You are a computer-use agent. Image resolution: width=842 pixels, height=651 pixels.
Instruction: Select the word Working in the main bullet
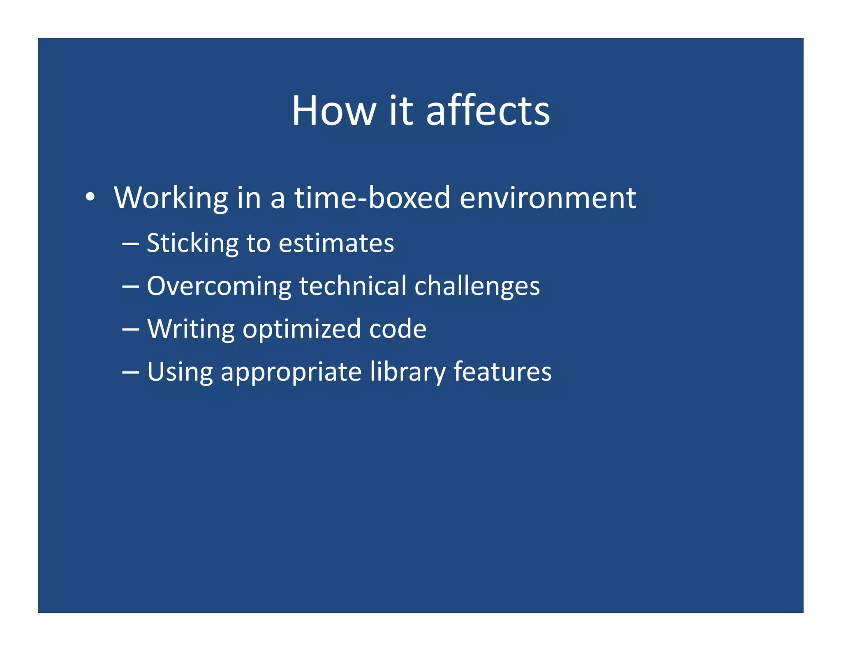coord(171,198)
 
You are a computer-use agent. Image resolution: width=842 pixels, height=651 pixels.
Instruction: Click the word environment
coord(548,198)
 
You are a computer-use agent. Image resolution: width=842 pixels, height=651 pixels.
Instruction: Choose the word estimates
coord(336,243)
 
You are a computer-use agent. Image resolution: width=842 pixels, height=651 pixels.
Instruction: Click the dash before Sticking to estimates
coord(130,244)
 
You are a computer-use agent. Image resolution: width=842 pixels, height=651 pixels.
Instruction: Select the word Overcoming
coord(219,286)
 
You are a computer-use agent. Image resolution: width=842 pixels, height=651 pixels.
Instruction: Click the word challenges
coord(477,286)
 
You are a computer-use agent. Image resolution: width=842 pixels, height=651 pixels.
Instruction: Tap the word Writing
coord(191,329)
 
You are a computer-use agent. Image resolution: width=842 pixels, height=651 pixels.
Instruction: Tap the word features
coord(502,372)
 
